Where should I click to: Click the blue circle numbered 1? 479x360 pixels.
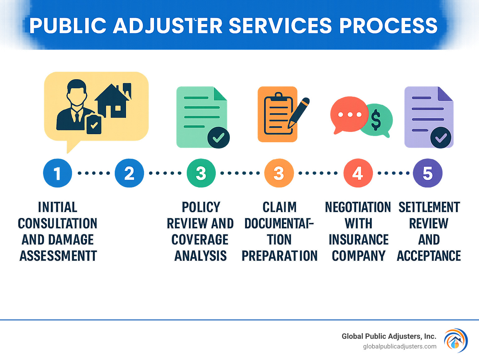click(x=57, y=173)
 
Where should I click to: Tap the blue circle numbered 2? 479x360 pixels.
click(x=129, y=173)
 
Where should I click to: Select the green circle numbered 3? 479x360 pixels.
click(x=201, y=173)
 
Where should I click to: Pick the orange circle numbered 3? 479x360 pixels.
click(x=279, y=173)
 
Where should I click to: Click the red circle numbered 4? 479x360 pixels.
click(x=358, y=173)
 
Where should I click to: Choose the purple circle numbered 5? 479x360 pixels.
click(x=428, y=173)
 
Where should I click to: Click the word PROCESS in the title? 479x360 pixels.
click(x=388, y=26)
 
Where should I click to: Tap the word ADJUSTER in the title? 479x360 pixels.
click(x=168, y=26)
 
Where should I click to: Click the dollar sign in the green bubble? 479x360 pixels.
click(x=376, y=120)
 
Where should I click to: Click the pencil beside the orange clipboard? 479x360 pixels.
click(x=299, y=112)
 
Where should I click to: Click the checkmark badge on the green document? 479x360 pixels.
click(x=219, y=138)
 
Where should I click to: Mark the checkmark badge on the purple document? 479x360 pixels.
click(x=441, y=138)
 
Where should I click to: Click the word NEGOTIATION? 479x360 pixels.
click(x=358, y=207)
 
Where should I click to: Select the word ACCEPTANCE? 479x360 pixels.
click(x=429, y=256)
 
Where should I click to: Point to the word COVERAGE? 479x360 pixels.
click(x=200, y=240)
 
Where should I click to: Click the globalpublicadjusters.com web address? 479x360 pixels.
click(x=399, y=346)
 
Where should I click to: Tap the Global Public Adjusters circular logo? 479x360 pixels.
click(x=456, y=340)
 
